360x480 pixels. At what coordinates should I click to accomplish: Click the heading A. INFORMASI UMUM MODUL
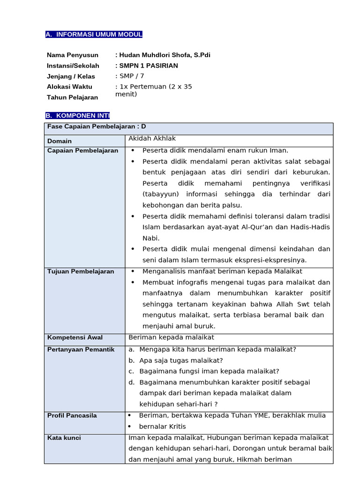point(94,35)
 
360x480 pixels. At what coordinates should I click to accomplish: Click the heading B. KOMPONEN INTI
point(77,116)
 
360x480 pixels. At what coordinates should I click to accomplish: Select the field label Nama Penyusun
point(73,55)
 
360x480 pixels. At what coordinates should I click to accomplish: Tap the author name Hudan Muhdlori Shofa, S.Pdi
point(164,55)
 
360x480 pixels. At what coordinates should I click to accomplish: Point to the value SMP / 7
point(130,76)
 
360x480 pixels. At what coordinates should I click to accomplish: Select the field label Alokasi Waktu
point(69,87)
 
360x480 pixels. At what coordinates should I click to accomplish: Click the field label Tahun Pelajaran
point(72,97)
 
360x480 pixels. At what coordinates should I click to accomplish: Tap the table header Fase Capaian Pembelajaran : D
point(97,127)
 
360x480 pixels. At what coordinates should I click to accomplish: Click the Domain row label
point(60,141)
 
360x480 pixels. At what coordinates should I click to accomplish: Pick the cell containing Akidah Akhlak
point(152,139)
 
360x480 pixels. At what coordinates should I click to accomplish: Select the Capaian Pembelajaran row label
point(82,150)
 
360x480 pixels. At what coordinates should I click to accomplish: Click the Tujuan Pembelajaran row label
point(81,271)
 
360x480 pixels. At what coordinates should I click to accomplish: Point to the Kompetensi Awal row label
point(75,337)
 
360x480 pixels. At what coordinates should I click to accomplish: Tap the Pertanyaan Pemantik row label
point(81,350)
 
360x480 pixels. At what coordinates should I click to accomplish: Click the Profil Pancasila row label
point(72,415)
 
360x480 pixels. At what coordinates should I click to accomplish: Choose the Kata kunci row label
point(64,438)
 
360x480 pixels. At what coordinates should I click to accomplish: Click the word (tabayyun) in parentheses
point(162,194)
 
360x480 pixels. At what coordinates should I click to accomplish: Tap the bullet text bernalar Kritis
point(162,427)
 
